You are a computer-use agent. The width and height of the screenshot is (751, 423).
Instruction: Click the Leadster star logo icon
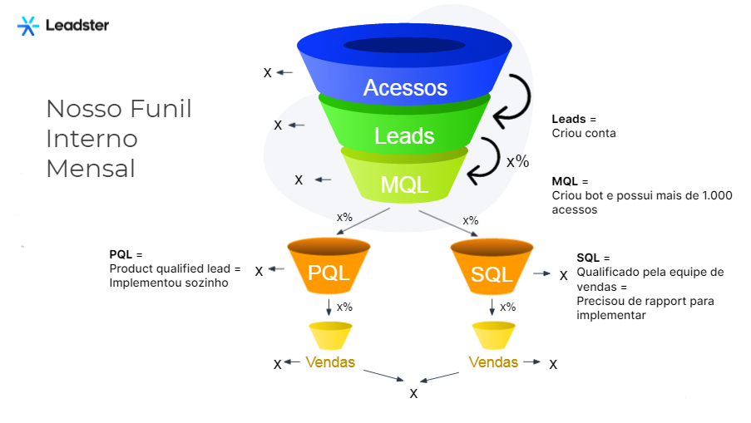[27, 26]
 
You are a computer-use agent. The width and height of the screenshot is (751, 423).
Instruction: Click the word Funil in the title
[161, 109]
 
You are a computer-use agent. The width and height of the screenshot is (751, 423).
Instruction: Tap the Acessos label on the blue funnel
[405, 87]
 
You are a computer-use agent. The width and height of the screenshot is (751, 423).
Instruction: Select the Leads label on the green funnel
[404, 136]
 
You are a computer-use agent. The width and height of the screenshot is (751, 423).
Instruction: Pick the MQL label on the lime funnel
[404, 184]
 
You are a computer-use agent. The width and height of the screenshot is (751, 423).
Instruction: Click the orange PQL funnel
[329, 266]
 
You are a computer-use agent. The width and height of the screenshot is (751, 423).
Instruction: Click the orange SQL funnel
[492, 267]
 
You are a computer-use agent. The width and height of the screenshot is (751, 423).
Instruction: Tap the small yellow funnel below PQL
[330, 336]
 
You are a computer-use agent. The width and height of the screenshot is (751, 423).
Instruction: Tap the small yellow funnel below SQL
[494, 336]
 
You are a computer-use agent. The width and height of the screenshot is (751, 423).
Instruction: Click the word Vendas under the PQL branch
[330, 362]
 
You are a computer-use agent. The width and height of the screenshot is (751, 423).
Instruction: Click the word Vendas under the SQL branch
[493, 362]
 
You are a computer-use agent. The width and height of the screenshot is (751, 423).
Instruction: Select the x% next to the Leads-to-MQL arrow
[518, 161]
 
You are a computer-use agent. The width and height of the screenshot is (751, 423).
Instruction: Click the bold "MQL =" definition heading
[570, 181]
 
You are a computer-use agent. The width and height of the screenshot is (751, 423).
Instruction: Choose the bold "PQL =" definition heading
[126, 254]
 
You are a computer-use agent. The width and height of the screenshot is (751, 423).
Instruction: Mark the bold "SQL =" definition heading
[594, 258]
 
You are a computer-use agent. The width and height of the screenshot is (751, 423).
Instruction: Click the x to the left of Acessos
[267, 73]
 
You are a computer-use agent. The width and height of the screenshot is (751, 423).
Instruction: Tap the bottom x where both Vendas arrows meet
[414, 394]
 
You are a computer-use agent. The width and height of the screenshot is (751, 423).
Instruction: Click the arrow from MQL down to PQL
[363, 221]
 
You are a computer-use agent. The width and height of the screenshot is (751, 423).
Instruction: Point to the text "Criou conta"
[584, 133]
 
